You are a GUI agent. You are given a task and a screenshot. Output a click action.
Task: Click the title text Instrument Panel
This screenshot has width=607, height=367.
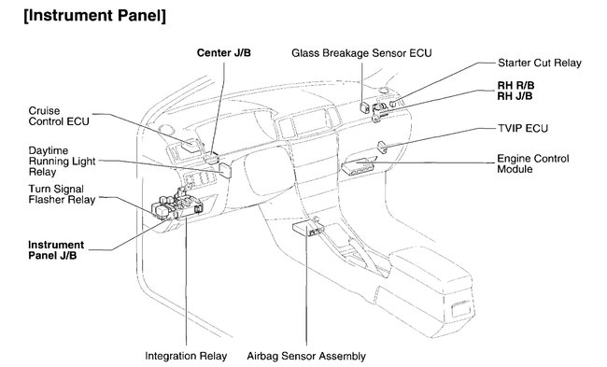point(94,15)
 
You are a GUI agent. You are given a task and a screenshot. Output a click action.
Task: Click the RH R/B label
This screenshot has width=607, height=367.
point(515,85)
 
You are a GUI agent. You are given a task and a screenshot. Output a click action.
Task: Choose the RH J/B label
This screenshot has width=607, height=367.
point(515,96)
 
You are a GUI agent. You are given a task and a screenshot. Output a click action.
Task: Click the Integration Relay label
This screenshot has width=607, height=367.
point(187,356)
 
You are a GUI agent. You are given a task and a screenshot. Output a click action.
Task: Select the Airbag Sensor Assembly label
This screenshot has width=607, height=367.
point(306,356)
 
